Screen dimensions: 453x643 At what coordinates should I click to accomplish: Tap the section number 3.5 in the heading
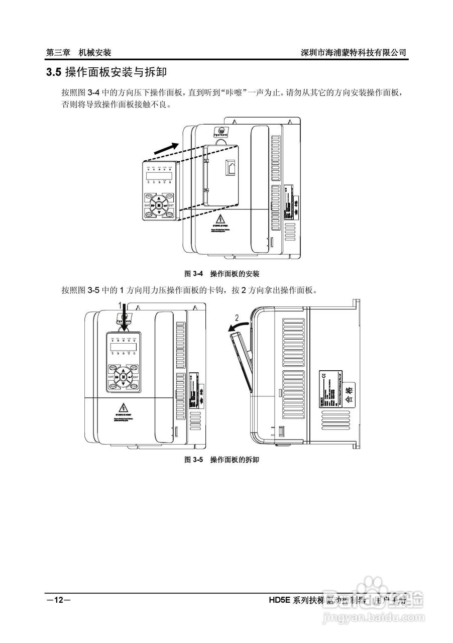tap(53, 73)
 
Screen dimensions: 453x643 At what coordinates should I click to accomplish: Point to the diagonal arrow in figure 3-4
tap(165, 148)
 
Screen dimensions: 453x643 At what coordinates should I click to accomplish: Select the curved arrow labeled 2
tap(239, 327)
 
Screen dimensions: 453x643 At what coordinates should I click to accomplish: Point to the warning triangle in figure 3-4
tap(220, 220)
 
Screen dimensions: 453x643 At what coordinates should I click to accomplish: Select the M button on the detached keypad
tap(159, 205)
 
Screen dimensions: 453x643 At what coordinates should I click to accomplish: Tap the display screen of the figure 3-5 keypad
tap(122, 347)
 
